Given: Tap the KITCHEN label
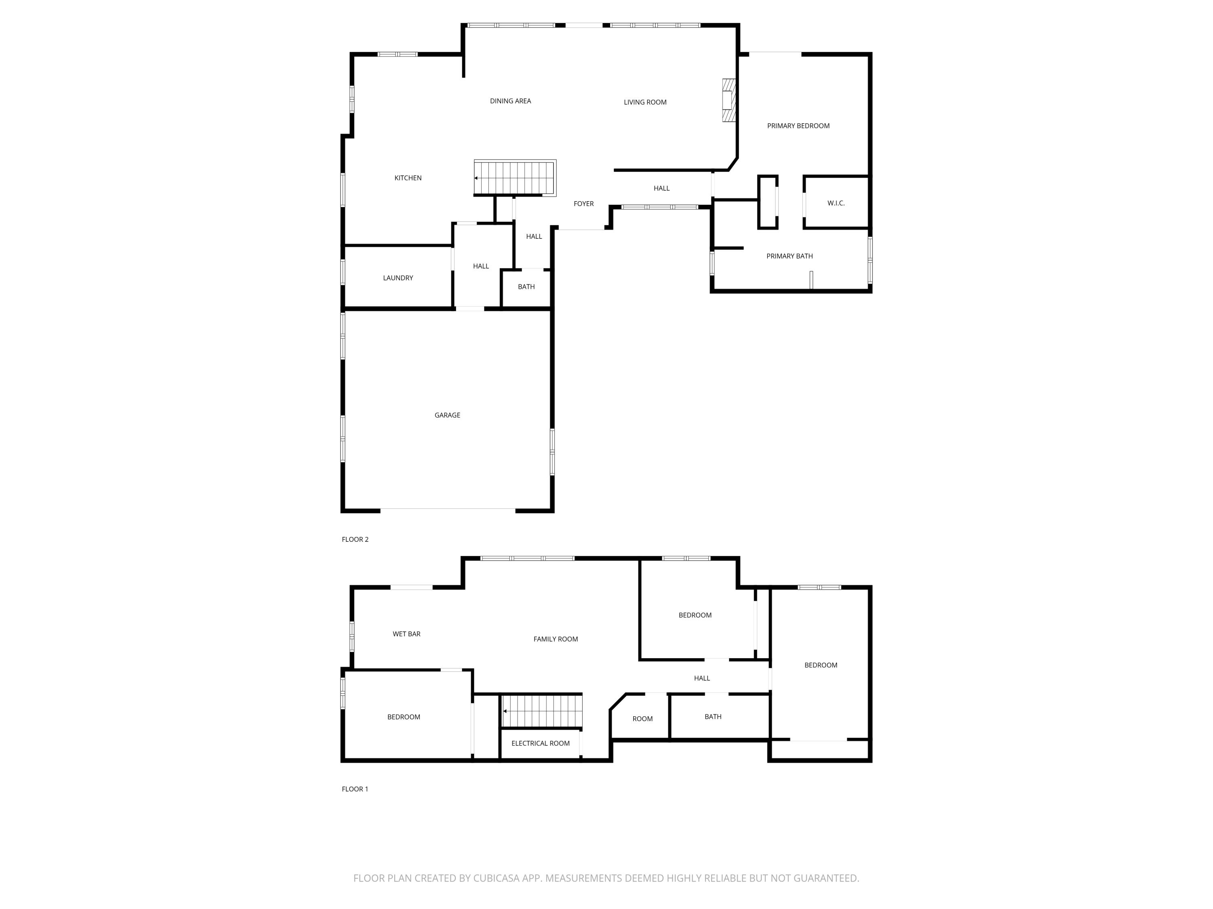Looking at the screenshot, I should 408,178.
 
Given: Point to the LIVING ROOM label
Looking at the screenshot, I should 645,102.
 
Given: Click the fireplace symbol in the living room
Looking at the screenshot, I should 728,100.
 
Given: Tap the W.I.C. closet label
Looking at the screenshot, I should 836,203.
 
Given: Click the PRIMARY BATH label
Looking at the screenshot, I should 789,256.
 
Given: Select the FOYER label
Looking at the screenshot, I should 583,204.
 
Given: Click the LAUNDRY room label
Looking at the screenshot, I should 398,278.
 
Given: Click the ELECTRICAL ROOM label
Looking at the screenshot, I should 540,743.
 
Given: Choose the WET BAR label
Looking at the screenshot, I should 406,634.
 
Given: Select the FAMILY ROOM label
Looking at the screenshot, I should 556,639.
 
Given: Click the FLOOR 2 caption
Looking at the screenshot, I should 355,539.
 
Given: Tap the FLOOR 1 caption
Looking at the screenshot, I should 355,789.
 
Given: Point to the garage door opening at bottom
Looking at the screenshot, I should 448,509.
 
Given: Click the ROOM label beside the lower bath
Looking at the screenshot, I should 642,719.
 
